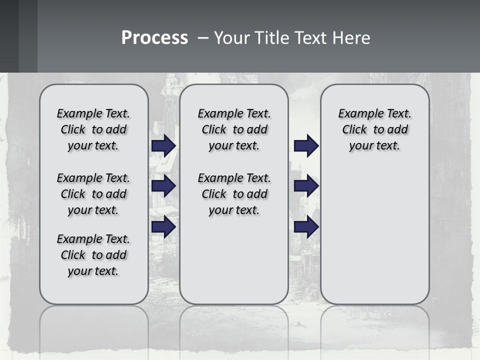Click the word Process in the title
(154, 38)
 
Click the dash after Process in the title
(202, 38)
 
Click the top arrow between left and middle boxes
(163, 145)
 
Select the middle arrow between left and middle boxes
(163, 186)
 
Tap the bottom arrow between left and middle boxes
(163, 227)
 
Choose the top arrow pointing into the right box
(306, 145)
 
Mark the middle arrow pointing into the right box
(306, 186)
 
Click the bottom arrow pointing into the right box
(306, 227)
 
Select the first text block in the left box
(93, 129)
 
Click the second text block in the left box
(93, 194)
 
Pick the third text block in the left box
(93, 255)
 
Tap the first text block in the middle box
(234, 129)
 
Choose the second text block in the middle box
(234, 194)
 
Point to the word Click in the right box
(354, 129)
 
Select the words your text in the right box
(374, 145)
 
